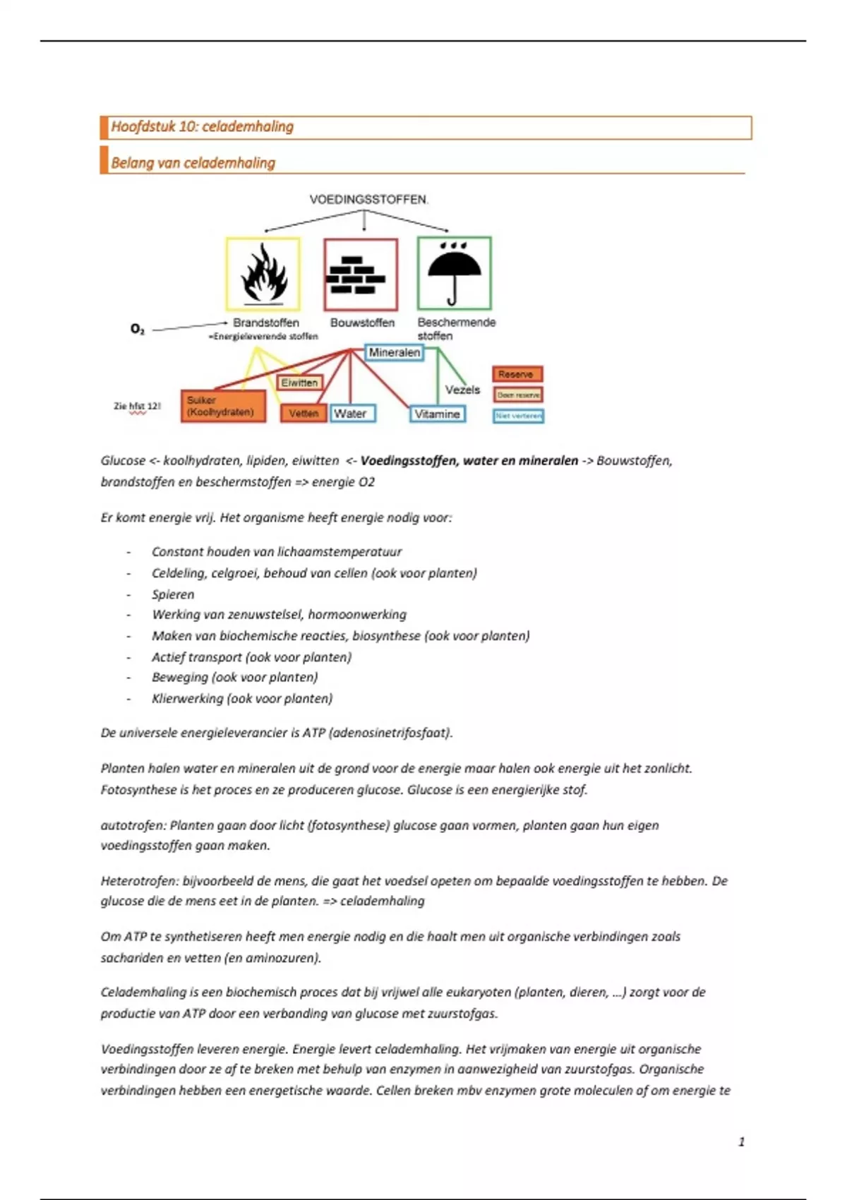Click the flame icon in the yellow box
coord(263,274)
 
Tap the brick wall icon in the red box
coord(361,275)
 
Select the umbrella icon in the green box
coord(454,272)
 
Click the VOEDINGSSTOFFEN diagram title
coord(368,200)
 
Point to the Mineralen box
coord(394,352)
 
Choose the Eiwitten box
coord(299,383)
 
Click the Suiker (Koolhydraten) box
coord(223,406)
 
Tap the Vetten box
coord(304,414)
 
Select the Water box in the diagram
coord(352,414)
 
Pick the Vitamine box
coord(438,414)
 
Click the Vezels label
coord(462,390)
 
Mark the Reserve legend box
coord(517,374)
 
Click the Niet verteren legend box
coord(518,416)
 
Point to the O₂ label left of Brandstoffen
coord(138,329)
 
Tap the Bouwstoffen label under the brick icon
coord(362,323)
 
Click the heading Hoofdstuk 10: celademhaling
coord(203,127)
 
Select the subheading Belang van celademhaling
coord(193,163)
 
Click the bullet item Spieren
coord(173,594)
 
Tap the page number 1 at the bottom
coord(741,1141)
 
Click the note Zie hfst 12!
coord(137,406)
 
